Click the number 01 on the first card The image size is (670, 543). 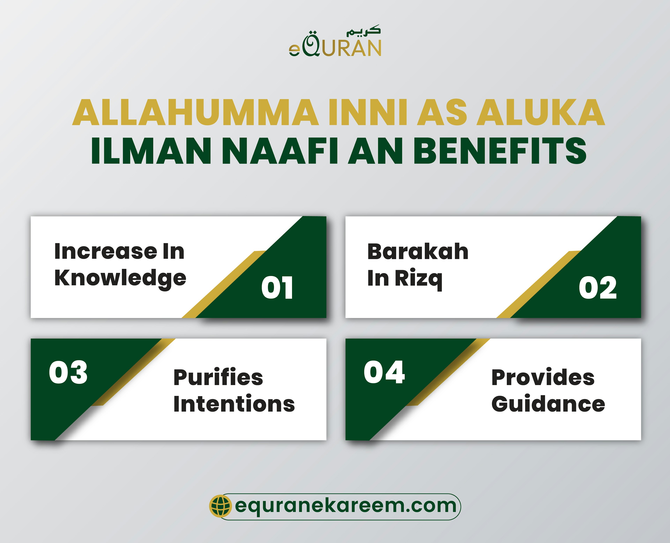tap(277, 288)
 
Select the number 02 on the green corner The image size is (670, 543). tap(597, 288)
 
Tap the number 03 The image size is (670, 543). tap(68, 372)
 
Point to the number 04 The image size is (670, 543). tap(384, 372)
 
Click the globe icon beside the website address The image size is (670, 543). tap(220, 506)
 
